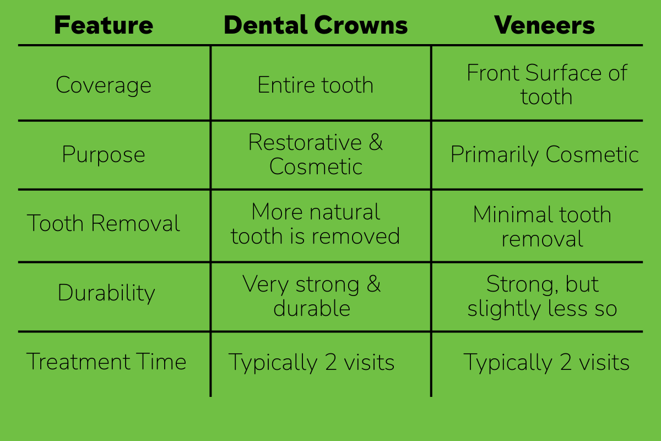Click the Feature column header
pos(104,25)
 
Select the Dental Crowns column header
pos(316,25)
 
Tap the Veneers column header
pos(544,25)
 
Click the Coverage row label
pos(104,85)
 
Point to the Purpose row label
pos(104,154)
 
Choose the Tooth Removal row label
pos(104,224)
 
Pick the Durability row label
pos(106,293)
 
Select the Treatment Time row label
pos(106,362)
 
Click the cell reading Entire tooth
pos(316,85)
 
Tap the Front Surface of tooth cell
pos(546,85)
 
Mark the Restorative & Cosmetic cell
pos(316,154)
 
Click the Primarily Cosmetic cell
pos(544,154)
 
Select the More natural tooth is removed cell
pos(316,224)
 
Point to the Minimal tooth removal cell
pos(542,227)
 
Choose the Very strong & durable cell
pos(312,296)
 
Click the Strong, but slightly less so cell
pos(542,296)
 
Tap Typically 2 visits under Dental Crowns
pos(312,363)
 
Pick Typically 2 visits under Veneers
pos(546,363)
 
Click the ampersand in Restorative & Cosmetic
pos(376,142)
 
